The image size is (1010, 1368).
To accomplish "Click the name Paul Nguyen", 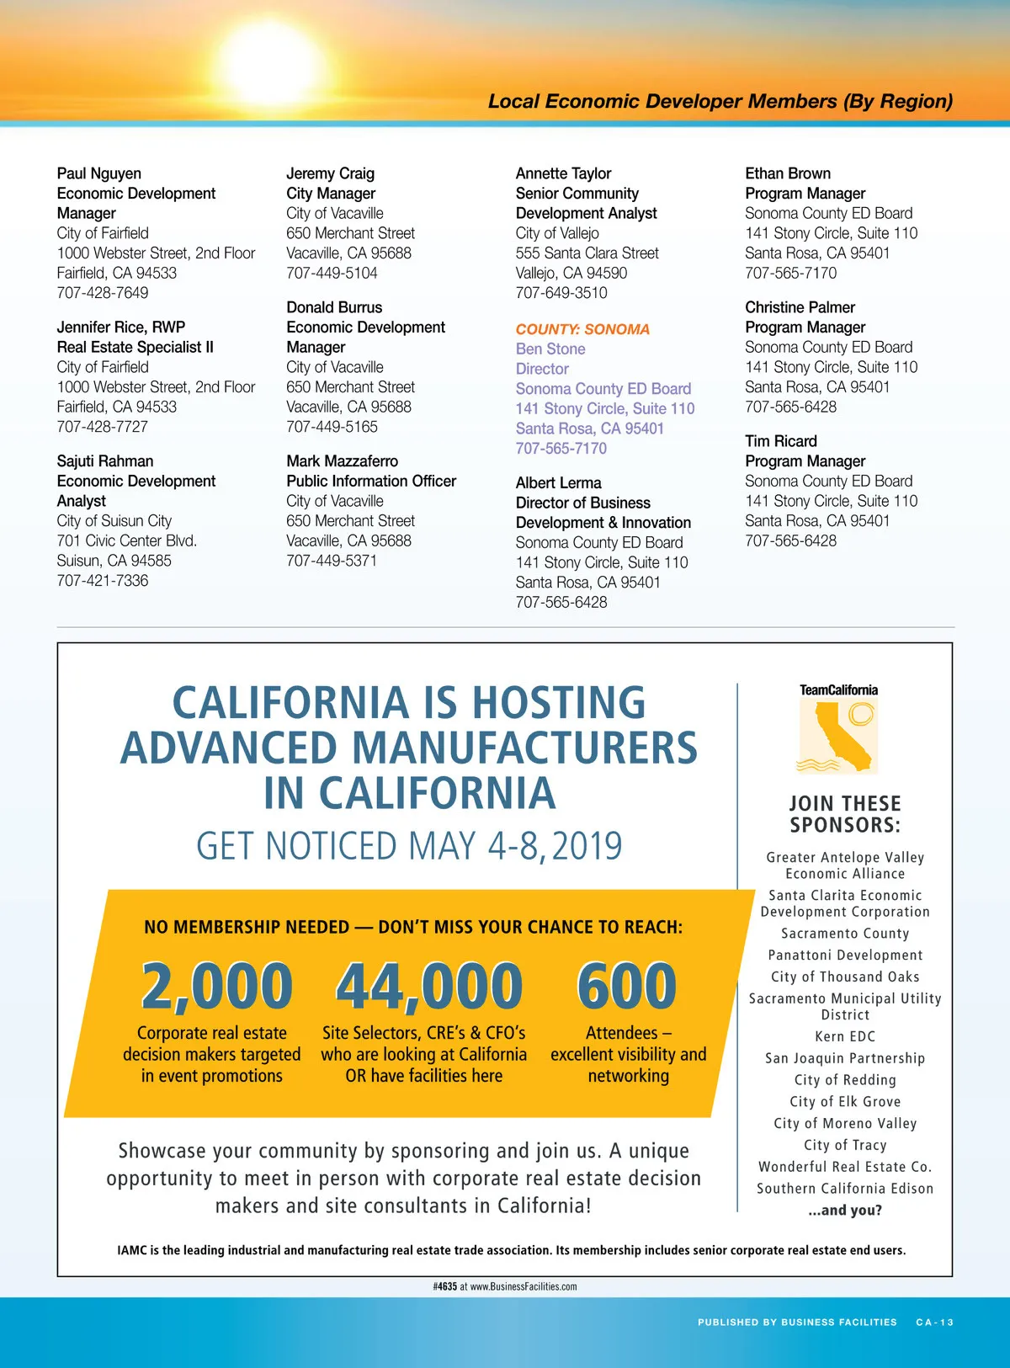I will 99,173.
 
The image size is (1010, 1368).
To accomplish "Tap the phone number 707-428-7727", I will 103,427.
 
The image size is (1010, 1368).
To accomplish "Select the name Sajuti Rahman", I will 105,461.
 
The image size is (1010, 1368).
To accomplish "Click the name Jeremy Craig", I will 331,173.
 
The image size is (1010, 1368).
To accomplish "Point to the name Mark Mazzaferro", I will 343,461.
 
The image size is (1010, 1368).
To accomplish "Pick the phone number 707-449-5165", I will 332,427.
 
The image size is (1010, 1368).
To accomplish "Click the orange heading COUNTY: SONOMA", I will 582,329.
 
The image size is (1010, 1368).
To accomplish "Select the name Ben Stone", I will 550,349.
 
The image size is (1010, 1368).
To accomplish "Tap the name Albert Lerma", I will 559,483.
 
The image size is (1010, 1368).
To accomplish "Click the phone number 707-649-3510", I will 561,293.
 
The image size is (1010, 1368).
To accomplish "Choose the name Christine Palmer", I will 800,307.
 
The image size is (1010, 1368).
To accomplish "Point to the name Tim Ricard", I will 781,441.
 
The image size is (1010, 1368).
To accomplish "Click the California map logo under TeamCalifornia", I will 837,737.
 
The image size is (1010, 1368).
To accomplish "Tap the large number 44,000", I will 429,987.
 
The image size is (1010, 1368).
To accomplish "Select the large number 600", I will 627,987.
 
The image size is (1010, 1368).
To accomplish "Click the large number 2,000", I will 217,987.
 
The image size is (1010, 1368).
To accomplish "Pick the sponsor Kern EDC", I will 845,1037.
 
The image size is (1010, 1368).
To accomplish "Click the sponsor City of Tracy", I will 845,1145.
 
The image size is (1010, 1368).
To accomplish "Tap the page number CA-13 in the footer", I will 935,1323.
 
